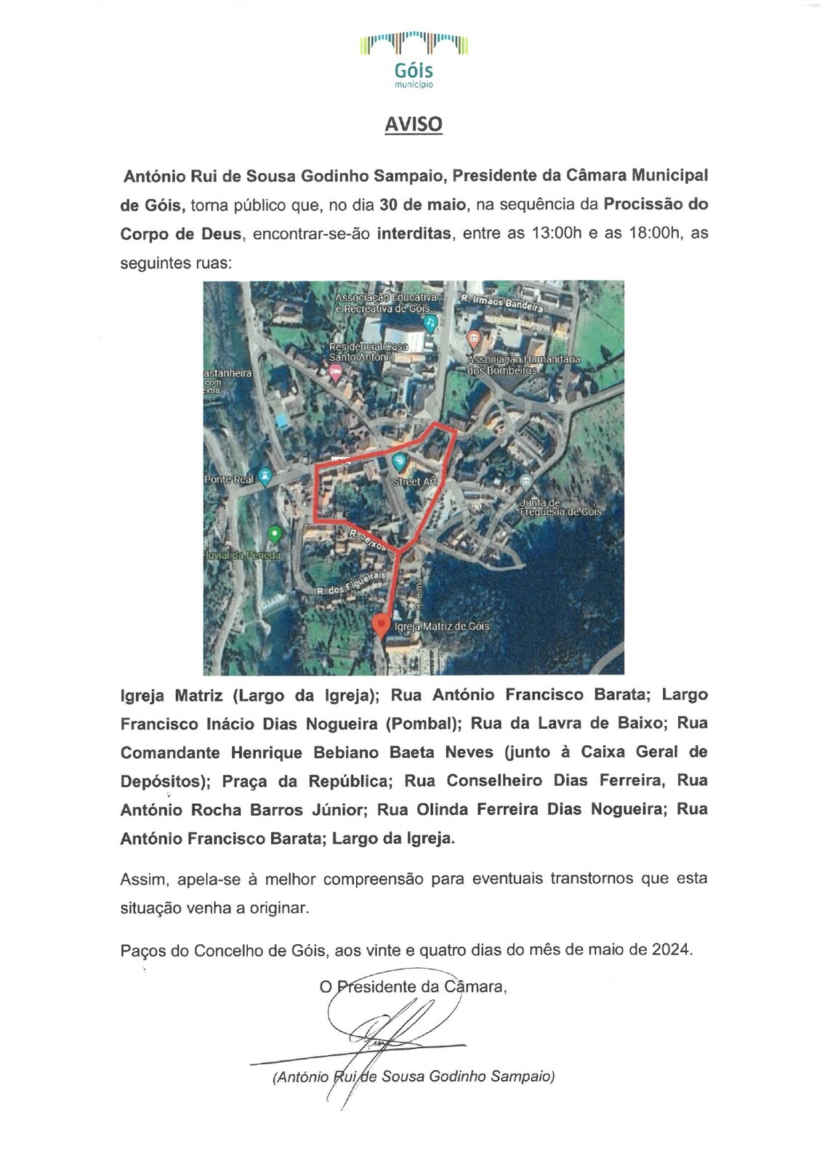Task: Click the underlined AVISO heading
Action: click(x=413, y=124)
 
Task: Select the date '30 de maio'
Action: click(x=422, y=205)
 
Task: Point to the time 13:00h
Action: click(x=557, y=234)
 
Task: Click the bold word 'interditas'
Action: click(x=414, y=234)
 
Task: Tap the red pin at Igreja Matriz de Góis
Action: click(x=380, y=625)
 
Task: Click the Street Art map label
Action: click(x=414, y=481)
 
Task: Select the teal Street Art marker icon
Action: click(x=399, y=461)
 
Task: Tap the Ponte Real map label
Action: click(x=228, y=480)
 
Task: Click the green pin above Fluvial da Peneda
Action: click(x=275, y=535)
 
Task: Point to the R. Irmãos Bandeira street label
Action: click(x=502, y=303)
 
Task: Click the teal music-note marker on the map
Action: click(x=431, y=322)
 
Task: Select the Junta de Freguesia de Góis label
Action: click(x=560, y=507)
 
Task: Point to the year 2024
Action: click(x=671, y=949)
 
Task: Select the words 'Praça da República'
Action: click(x=307, y=781)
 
